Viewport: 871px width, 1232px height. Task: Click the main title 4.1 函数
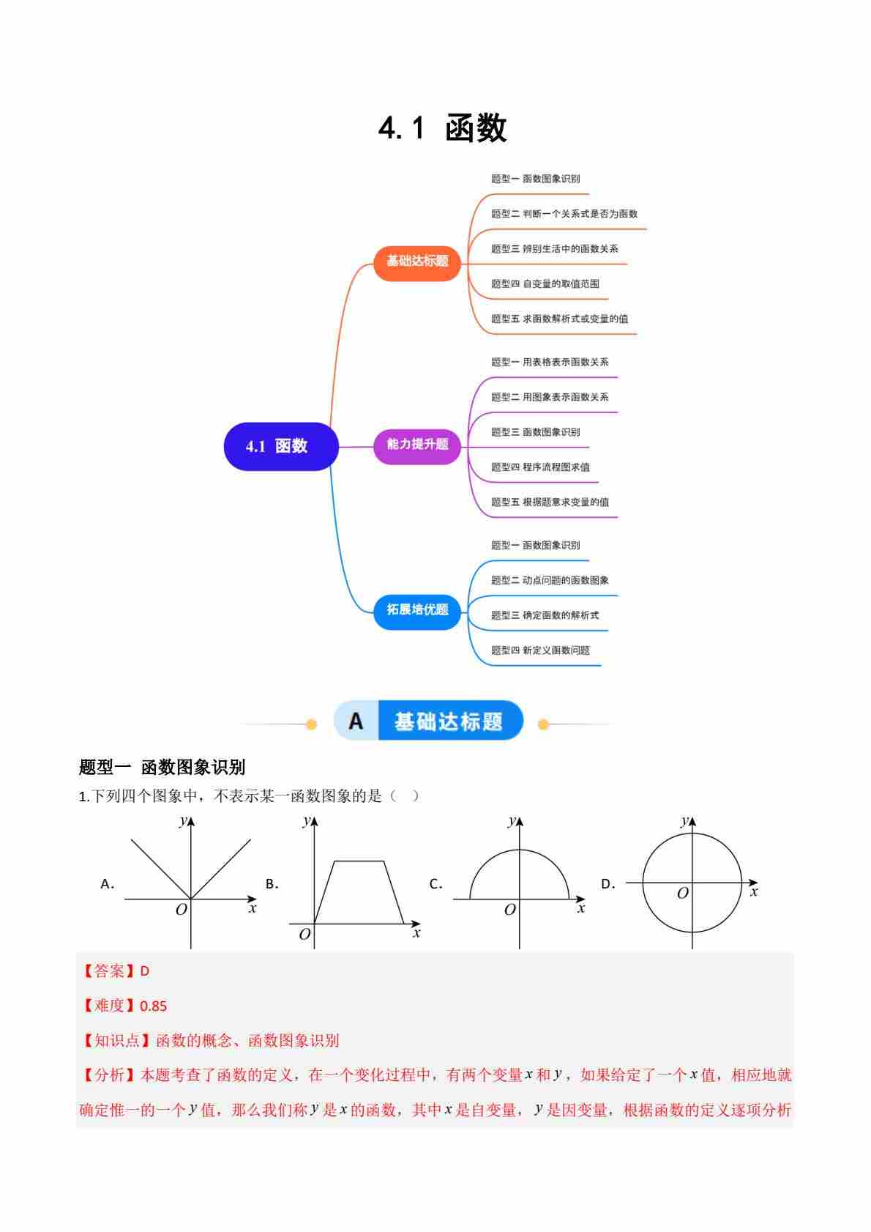pos(442,128)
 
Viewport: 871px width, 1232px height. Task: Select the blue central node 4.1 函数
pos(281,446)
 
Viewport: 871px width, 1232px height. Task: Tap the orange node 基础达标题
pos(417,263)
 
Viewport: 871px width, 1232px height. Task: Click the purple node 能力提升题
pos(417,446)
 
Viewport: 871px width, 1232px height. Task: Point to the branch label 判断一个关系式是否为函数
pos(579,213)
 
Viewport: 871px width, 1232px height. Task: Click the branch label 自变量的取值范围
pos(561,283)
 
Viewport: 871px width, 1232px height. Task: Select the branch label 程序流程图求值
pos(556,467)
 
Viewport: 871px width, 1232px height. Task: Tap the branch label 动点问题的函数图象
pos(566,580)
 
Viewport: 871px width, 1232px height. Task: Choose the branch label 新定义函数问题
pos(556,650)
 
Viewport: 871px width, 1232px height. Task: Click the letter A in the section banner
pos(356,721)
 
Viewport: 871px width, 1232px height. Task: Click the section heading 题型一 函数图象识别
pos(162,767)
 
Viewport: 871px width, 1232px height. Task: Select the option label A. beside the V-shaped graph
pos(107,884)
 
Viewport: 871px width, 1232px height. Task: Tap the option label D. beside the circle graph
pos(608,884)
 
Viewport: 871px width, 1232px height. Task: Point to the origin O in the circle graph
pos(682,893)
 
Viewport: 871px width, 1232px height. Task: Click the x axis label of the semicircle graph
pos(581,908)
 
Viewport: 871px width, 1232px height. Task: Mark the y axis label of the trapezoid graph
pos(307,821)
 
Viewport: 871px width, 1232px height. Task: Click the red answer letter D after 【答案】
pos(144,971)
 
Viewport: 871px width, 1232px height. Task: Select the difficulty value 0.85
pos(153,1006)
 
